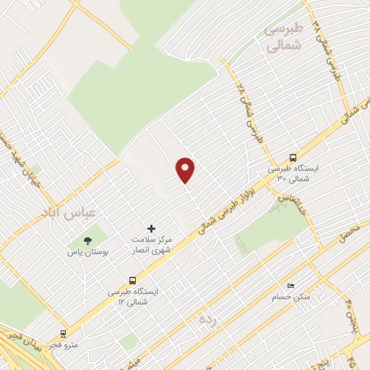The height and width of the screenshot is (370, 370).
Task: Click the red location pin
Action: [186, 169]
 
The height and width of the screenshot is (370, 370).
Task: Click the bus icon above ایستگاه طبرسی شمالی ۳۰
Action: [292, 158]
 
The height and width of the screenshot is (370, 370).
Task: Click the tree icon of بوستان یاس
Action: [88, 241]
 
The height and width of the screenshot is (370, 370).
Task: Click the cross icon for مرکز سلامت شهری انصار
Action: [151, 228]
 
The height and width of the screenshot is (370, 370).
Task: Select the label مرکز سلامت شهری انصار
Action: [151, 244]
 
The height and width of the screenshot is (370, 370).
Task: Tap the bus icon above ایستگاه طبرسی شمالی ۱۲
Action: [132, 280]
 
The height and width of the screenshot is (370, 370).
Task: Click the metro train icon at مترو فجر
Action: [64, 334]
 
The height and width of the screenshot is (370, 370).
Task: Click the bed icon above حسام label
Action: [291, 285]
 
